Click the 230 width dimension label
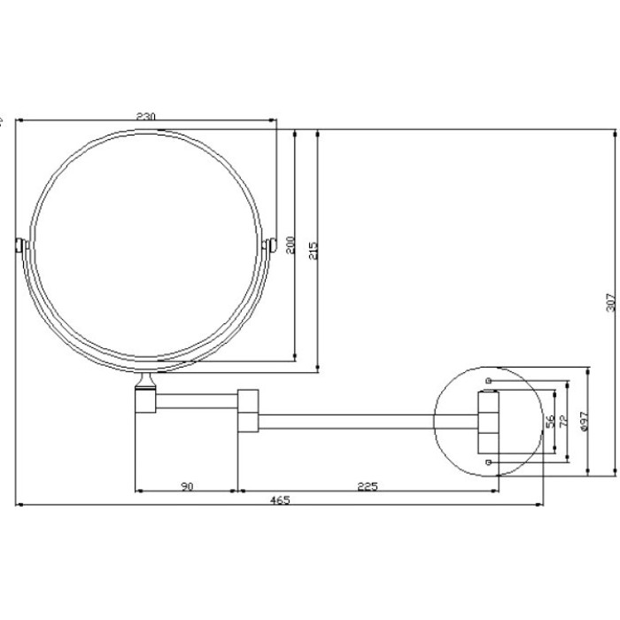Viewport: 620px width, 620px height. pyautogui.click(x=146, y=117)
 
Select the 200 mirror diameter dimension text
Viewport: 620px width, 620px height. pyautogui.click(x=291, y=244)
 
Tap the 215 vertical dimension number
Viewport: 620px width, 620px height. pyautogui.click(x=314, y=251)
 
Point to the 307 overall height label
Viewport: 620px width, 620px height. pyautogui.click(x=611, y=303)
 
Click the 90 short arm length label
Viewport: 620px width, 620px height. pyautogui.click(x=188, y=486)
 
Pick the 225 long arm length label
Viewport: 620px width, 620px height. pyautogui.click(x=368, y=486)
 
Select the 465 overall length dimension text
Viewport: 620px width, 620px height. pyautogui.click(x=280, y=500)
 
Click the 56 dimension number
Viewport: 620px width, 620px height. pyautogui.click(x=550, y=422)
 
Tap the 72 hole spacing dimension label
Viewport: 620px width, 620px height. pyautogui.click(x=564, y=421)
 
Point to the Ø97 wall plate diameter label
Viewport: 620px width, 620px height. pyautogui.click(x=585, y=421)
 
